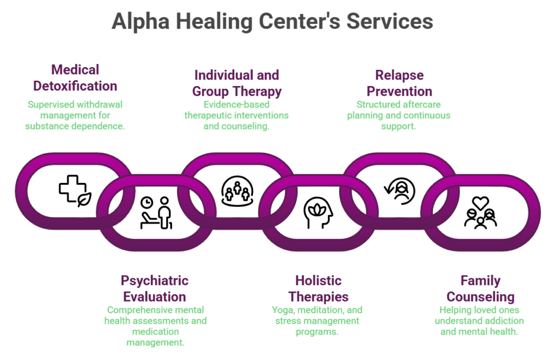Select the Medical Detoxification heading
(75, 78)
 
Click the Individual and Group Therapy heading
(236, 83)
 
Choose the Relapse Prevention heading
(399, 83)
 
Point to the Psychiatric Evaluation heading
(155, 289)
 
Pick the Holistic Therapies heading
(318, 289)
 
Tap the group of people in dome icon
(237, 191)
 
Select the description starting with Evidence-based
(236, 115)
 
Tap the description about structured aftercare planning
(399, 115)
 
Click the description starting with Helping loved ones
(479, 321)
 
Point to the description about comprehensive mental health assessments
(155, 326)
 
